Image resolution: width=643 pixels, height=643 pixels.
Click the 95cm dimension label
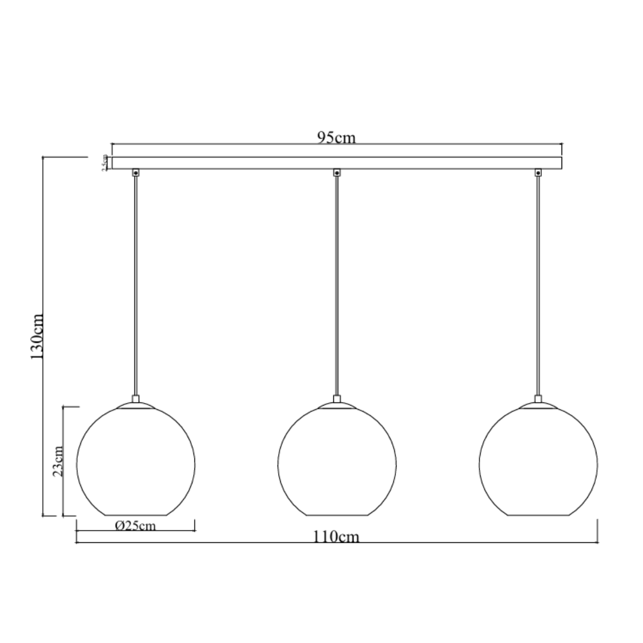point(336,138)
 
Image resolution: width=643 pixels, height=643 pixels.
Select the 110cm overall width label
point(337,536)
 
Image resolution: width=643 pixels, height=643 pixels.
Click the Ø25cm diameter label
point(136,526)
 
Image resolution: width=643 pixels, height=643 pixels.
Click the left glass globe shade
point(136,461)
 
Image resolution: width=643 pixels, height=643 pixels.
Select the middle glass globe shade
point(337,461)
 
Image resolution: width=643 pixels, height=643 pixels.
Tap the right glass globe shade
point(538,461)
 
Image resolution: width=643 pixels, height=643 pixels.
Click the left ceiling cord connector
point(136,173)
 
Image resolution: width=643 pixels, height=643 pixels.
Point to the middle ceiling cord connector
point(337,173)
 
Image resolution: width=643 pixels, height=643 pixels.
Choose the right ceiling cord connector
point(538,173)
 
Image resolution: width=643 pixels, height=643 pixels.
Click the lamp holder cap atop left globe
point(136,399)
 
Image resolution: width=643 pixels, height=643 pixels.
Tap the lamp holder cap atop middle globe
point(337,399)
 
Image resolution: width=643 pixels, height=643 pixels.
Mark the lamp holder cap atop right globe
point(538,399)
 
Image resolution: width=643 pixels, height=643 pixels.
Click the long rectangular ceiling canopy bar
point(336,163)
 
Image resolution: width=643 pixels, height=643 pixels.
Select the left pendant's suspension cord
point(136,284)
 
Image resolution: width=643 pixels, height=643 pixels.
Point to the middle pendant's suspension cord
point(337,284)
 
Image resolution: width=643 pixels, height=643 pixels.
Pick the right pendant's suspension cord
point(538,284)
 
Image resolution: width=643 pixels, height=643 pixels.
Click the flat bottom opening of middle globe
point(337,515)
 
